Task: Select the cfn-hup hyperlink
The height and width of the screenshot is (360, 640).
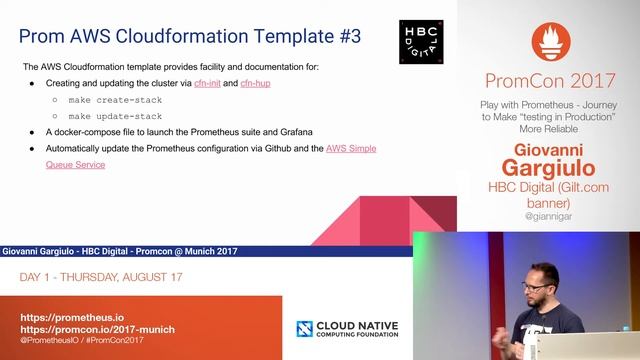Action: click(x=255, y=83)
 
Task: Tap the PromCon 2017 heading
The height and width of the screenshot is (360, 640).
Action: click(x=548, y=81)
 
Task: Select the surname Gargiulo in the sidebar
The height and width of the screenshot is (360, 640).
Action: click(x=548, y=166)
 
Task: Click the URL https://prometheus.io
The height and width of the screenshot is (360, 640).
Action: click(x=81, y=316)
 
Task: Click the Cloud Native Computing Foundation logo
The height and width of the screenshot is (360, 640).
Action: click(x=354, y=328)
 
